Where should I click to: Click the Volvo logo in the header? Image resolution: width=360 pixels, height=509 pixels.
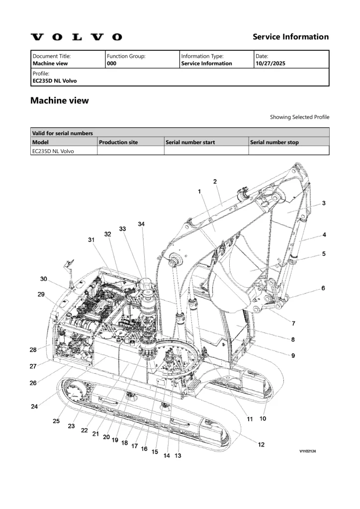click(76, 37)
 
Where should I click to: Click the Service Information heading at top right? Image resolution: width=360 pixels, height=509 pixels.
click(290, 37)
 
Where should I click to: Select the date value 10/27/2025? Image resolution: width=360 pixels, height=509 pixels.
click(270, 64)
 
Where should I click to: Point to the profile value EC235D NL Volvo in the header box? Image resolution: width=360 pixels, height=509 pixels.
click(55, 81)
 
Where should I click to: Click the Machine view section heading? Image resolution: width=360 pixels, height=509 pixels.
click(60, 100)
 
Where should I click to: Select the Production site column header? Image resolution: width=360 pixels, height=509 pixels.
click(118, 142)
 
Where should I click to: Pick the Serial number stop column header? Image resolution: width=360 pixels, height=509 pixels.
click(274, 142)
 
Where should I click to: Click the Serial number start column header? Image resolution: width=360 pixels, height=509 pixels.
click(190, 142)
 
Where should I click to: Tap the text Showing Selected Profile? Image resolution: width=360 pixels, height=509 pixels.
click(299, 117)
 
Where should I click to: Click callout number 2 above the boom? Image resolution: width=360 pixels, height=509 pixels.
click(215, 181)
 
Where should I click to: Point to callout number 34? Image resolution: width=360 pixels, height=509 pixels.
click(141, 224)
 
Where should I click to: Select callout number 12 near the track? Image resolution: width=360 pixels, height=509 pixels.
click(261, 444)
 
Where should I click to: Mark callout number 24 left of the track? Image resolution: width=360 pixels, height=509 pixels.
click(34, 406)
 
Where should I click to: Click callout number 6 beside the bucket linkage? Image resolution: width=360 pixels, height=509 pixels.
click(323, 288)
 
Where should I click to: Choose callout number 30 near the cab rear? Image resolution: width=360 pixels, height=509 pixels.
click(44, 279)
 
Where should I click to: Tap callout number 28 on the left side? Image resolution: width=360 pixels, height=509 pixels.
click(33, 350)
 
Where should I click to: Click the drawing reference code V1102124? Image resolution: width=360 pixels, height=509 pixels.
click(308, 451)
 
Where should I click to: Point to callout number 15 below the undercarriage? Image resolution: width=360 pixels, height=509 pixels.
click(155, 452)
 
